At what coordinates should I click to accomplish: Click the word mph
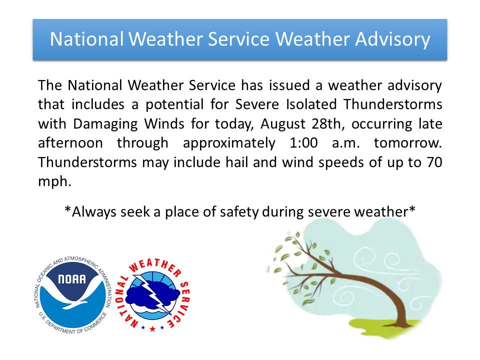click(x=52, y=181)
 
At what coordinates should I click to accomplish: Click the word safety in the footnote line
click(x=245, y=211)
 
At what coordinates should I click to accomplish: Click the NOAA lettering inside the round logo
click(x=71, y=279)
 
